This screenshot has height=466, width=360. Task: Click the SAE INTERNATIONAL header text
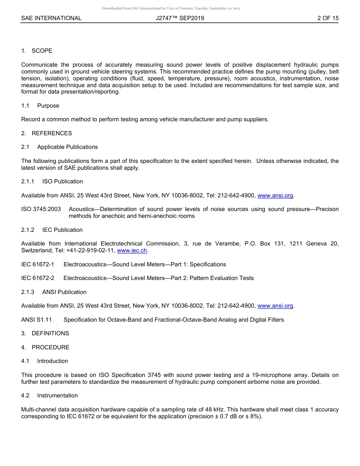click(x=51, y=18)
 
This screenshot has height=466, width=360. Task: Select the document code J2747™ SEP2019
click(x=180, y=18)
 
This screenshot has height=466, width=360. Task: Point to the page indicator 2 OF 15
click(x=328, y=18)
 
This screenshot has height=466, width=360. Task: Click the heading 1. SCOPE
click(x=37, y=51)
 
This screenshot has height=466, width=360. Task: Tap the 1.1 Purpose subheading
click(x=40, y=106)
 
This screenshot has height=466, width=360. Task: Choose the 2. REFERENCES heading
click(x=46, y=133)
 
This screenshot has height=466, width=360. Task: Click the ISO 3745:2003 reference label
click(x=41, y=209)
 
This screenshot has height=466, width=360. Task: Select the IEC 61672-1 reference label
click(x=38, y=264)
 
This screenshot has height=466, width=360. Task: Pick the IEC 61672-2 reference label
click(x=38, y=278)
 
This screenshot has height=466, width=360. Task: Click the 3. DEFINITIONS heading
click(x=45, y=333)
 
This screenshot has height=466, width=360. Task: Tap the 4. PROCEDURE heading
click(x=45, y=347)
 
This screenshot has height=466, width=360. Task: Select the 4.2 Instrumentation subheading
click(x=50, y=396)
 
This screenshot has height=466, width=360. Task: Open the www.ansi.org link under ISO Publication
click(x=275, y=195)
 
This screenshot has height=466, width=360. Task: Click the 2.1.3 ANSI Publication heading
click(x=54, y=292)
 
